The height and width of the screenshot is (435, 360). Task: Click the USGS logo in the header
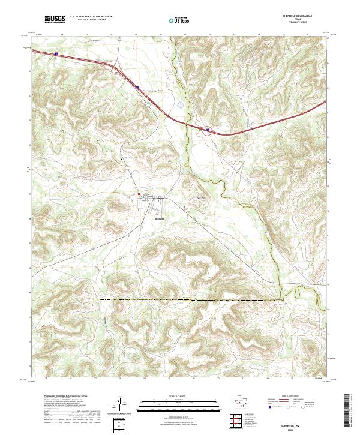(55, 20)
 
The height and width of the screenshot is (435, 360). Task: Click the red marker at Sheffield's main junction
(139, 194)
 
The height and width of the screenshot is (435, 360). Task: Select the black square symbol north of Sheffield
(122, 158)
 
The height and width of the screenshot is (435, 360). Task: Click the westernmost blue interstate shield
(56, 54)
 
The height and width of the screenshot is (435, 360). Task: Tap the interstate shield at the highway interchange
(208, 128)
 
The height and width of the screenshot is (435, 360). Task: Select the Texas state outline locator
(244, 401)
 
